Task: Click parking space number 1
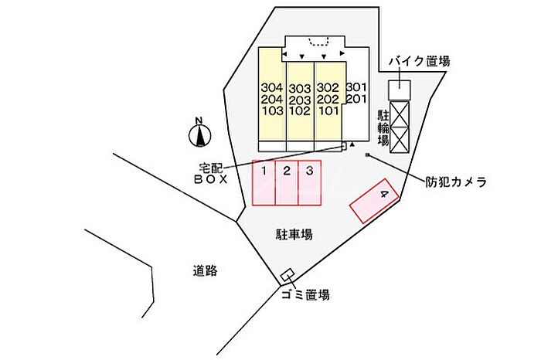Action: (x=264, y=183)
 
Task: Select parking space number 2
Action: (x=287, y=183)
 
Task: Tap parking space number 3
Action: (x=309, y=183)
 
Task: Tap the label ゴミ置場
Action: (x=305, y=294)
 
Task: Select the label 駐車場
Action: (x=294, y=233)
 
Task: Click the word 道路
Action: (x=206, y=270)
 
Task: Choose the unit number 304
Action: (x=272, y=87)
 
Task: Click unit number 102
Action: (x=300, y=110)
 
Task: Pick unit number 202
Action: (x=328, y=99)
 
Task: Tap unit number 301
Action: (x=356, y=87)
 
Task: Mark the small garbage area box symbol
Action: (x=287, y=276)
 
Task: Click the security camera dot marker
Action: (x=368, y=155)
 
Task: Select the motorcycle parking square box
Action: (x=399, y=89)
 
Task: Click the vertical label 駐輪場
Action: (x=383, y=127)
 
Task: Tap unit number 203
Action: (x=300, y=99)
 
